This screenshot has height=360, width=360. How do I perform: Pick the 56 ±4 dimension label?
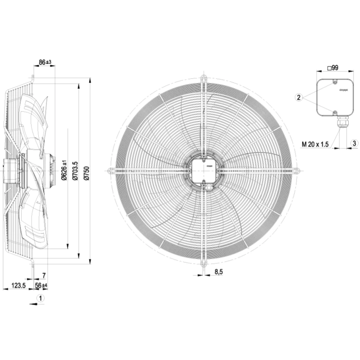tap(41, 285)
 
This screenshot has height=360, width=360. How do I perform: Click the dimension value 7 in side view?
tap(44, 275)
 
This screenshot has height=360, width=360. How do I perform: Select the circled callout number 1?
tap(40, 298)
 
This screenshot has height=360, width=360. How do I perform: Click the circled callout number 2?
tap(297, 97)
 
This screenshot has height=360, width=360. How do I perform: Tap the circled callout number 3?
tap(354, 143)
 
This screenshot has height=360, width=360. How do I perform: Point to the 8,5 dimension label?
tap(219, 272)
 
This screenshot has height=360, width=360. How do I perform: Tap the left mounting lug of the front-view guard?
tap(110, 171)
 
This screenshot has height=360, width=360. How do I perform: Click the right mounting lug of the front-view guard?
tap(296, 171)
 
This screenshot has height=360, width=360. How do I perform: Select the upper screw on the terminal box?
tap(335, 82)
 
